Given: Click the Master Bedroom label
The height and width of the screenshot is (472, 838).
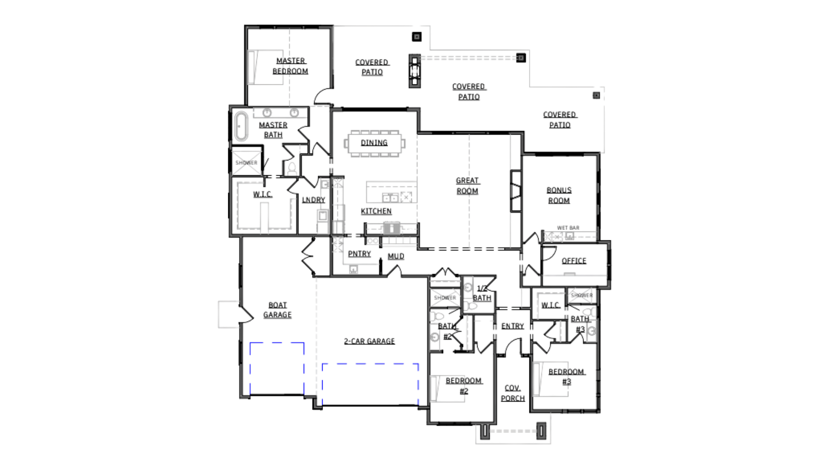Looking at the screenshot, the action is (x=291, y=66).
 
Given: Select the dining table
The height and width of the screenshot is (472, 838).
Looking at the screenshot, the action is (x=374, y=143).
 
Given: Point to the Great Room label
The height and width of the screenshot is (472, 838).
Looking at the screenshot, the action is (x=468, y=186).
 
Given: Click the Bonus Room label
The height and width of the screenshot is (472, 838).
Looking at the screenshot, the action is (x=559, y=195).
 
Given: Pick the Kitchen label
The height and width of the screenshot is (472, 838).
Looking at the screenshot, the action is (x=376, y=212).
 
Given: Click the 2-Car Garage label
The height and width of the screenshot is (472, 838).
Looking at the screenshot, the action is (x=369, y=341).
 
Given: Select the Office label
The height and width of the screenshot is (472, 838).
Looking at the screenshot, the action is (x=574, y=261).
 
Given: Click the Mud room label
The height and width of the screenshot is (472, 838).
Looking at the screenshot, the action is (x=396, y=256).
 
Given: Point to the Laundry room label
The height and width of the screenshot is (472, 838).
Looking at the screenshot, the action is (x=314, y=200).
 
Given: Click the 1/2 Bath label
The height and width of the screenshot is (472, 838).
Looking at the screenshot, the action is (x=483, y=293).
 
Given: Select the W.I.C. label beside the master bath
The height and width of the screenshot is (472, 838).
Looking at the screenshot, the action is (x=262, y=194).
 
